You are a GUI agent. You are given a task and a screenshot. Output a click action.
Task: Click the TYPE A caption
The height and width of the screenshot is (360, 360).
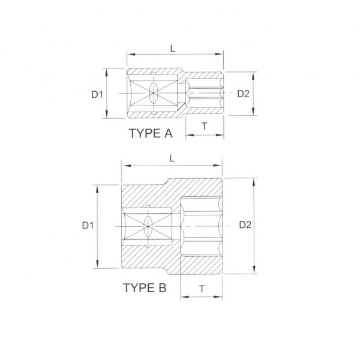coord(151,133)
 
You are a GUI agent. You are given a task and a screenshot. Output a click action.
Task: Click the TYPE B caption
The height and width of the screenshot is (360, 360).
coord(145,287)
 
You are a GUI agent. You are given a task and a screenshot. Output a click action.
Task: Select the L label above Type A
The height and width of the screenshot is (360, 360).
coord(173,48)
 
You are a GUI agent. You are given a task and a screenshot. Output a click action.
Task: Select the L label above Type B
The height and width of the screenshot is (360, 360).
coord(172,158)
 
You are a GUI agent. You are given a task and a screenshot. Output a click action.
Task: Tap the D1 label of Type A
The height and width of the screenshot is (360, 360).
coord(97,94)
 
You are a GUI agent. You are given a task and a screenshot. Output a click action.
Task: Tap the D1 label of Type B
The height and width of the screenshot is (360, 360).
coord(88,226)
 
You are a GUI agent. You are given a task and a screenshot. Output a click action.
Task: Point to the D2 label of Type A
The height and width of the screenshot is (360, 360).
coord(243,94)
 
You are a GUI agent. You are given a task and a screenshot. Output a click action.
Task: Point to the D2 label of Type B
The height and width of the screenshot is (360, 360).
coord(245,225)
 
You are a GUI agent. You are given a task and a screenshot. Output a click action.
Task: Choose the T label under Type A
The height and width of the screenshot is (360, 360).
coord(205,126)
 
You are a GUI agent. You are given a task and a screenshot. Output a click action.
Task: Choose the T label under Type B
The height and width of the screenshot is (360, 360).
coord(202,289)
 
